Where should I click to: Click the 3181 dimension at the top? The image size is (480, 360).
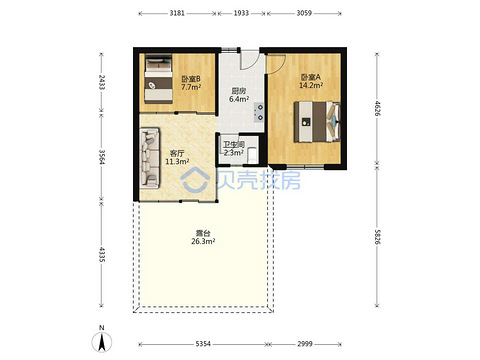point(177,13)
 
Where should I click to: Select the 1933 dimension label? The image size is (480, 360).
point(241,13)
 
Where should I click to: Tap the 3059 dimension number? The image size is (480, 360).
point(304,13)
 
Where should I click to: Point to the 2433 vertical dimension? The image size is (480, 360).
point(102,82)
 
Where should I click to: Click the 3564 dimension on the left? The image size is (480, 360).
point(102,157)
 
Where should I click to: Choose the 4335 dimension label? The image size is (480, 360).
point(102,254)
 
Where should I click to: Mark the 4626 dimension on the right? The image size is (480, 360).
point(377,108)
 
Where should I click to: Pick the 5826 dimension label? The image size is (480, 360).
point(377,237)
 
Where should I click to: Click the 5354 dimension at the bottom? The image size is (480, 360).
point(203,344)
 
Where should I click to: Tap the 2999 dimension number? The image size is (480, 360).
point(305,344)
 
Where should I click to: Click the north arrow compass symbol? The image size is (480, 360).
point(102,342)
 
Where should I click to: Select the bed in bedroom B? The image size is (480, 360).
point(158,78)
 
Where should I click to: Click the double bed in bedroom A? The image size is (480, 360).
point(317,122)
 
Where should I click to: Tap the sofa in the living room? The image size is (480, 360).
point(150,158)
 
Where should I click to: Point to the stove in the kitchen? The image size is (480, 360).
point(259,112)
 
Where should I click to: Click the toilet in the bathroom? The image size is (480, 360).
point(253,155)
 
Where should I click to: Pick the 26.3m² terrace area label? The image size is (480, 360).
point(203,241)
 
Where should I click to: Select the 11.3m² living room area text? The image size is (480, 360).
point(177,162)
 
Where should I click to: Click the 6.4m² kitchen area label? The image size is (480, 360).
point(239,99)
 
